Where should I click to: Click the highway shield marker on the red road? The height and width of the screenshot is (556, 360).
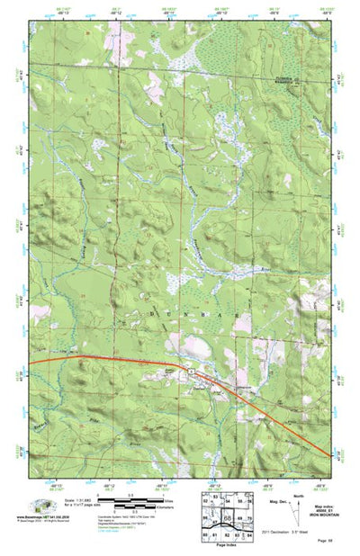(191, 369)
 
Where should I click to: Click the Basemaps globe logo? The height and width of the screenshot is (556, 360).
(41, 505)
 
